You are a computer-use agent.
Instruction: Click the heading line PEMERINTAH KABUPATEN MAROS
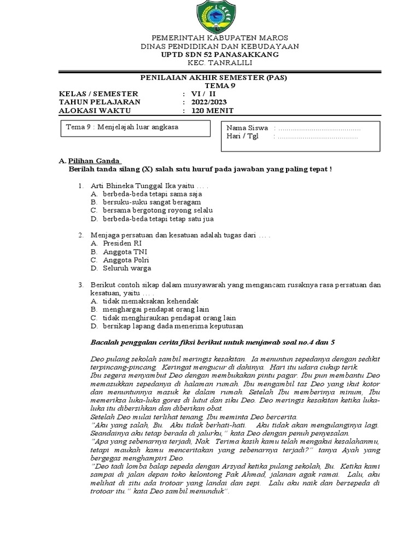click(x=210, y=38)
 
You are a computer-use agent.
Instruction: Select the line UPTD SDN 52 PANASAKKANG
click(x=210, y=55)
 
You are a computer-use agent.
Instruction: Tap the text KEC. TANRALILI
click(x=210, y=63)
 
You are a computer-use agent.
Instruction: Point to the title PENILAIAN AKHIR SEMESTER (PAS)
click(x=210, y=78)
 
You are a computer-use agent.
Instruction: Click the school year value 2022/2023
click(x=208, y=102)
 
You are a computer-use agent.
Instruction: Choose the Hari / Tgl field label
click(x=240, y=137)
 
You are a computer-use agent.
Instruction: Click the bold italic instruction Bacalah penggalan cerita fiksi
click(x=212, y=342)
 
